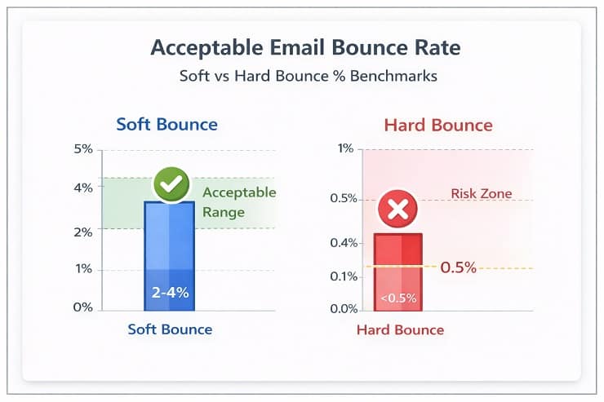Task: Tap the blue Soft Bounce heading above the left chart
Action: point(167,125)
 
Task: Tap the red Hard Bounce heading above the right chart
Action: point(438,125)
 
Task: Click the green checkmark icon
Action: point(171,186)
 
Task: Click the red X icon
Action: point(397,210)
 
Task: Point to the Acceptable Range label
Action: point(239,202)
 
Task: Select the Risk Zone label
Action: point(481,194)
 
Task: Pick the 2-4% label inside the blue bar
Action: point(170,292)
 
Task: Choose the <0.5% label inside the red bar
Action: point(397,298)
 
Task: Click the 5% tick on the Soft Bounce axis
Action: point(83,149)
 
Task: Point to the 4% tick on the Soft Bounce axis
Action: point(83,188)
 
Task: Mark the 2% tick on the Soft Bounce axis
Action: point(83,232)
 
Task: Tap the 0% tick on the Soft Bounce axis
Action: point(83,307)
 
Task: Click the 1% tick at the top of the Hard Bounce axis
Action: point(345,149)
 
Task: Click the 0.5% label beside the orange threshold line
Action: point(458,267)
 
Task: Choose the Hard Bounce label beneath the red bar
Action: point(400,330)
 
